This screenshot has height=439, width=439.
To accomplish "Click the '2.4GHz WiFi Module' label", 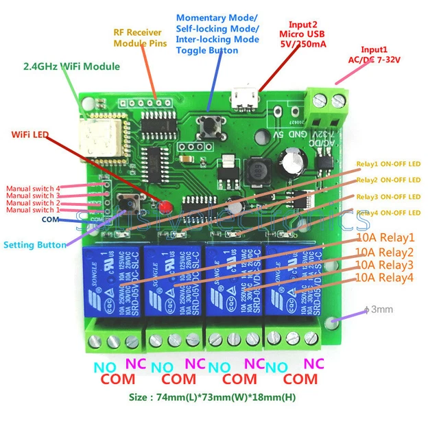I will pyautogui.click(x=71, y=67).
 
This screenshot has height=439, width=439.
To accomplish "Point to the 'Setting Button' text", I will pyautogui.click(x=35, y=244).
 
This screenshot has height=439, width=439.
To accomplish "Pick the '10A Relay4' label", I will pyautogui.click(x=385, y=278).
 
